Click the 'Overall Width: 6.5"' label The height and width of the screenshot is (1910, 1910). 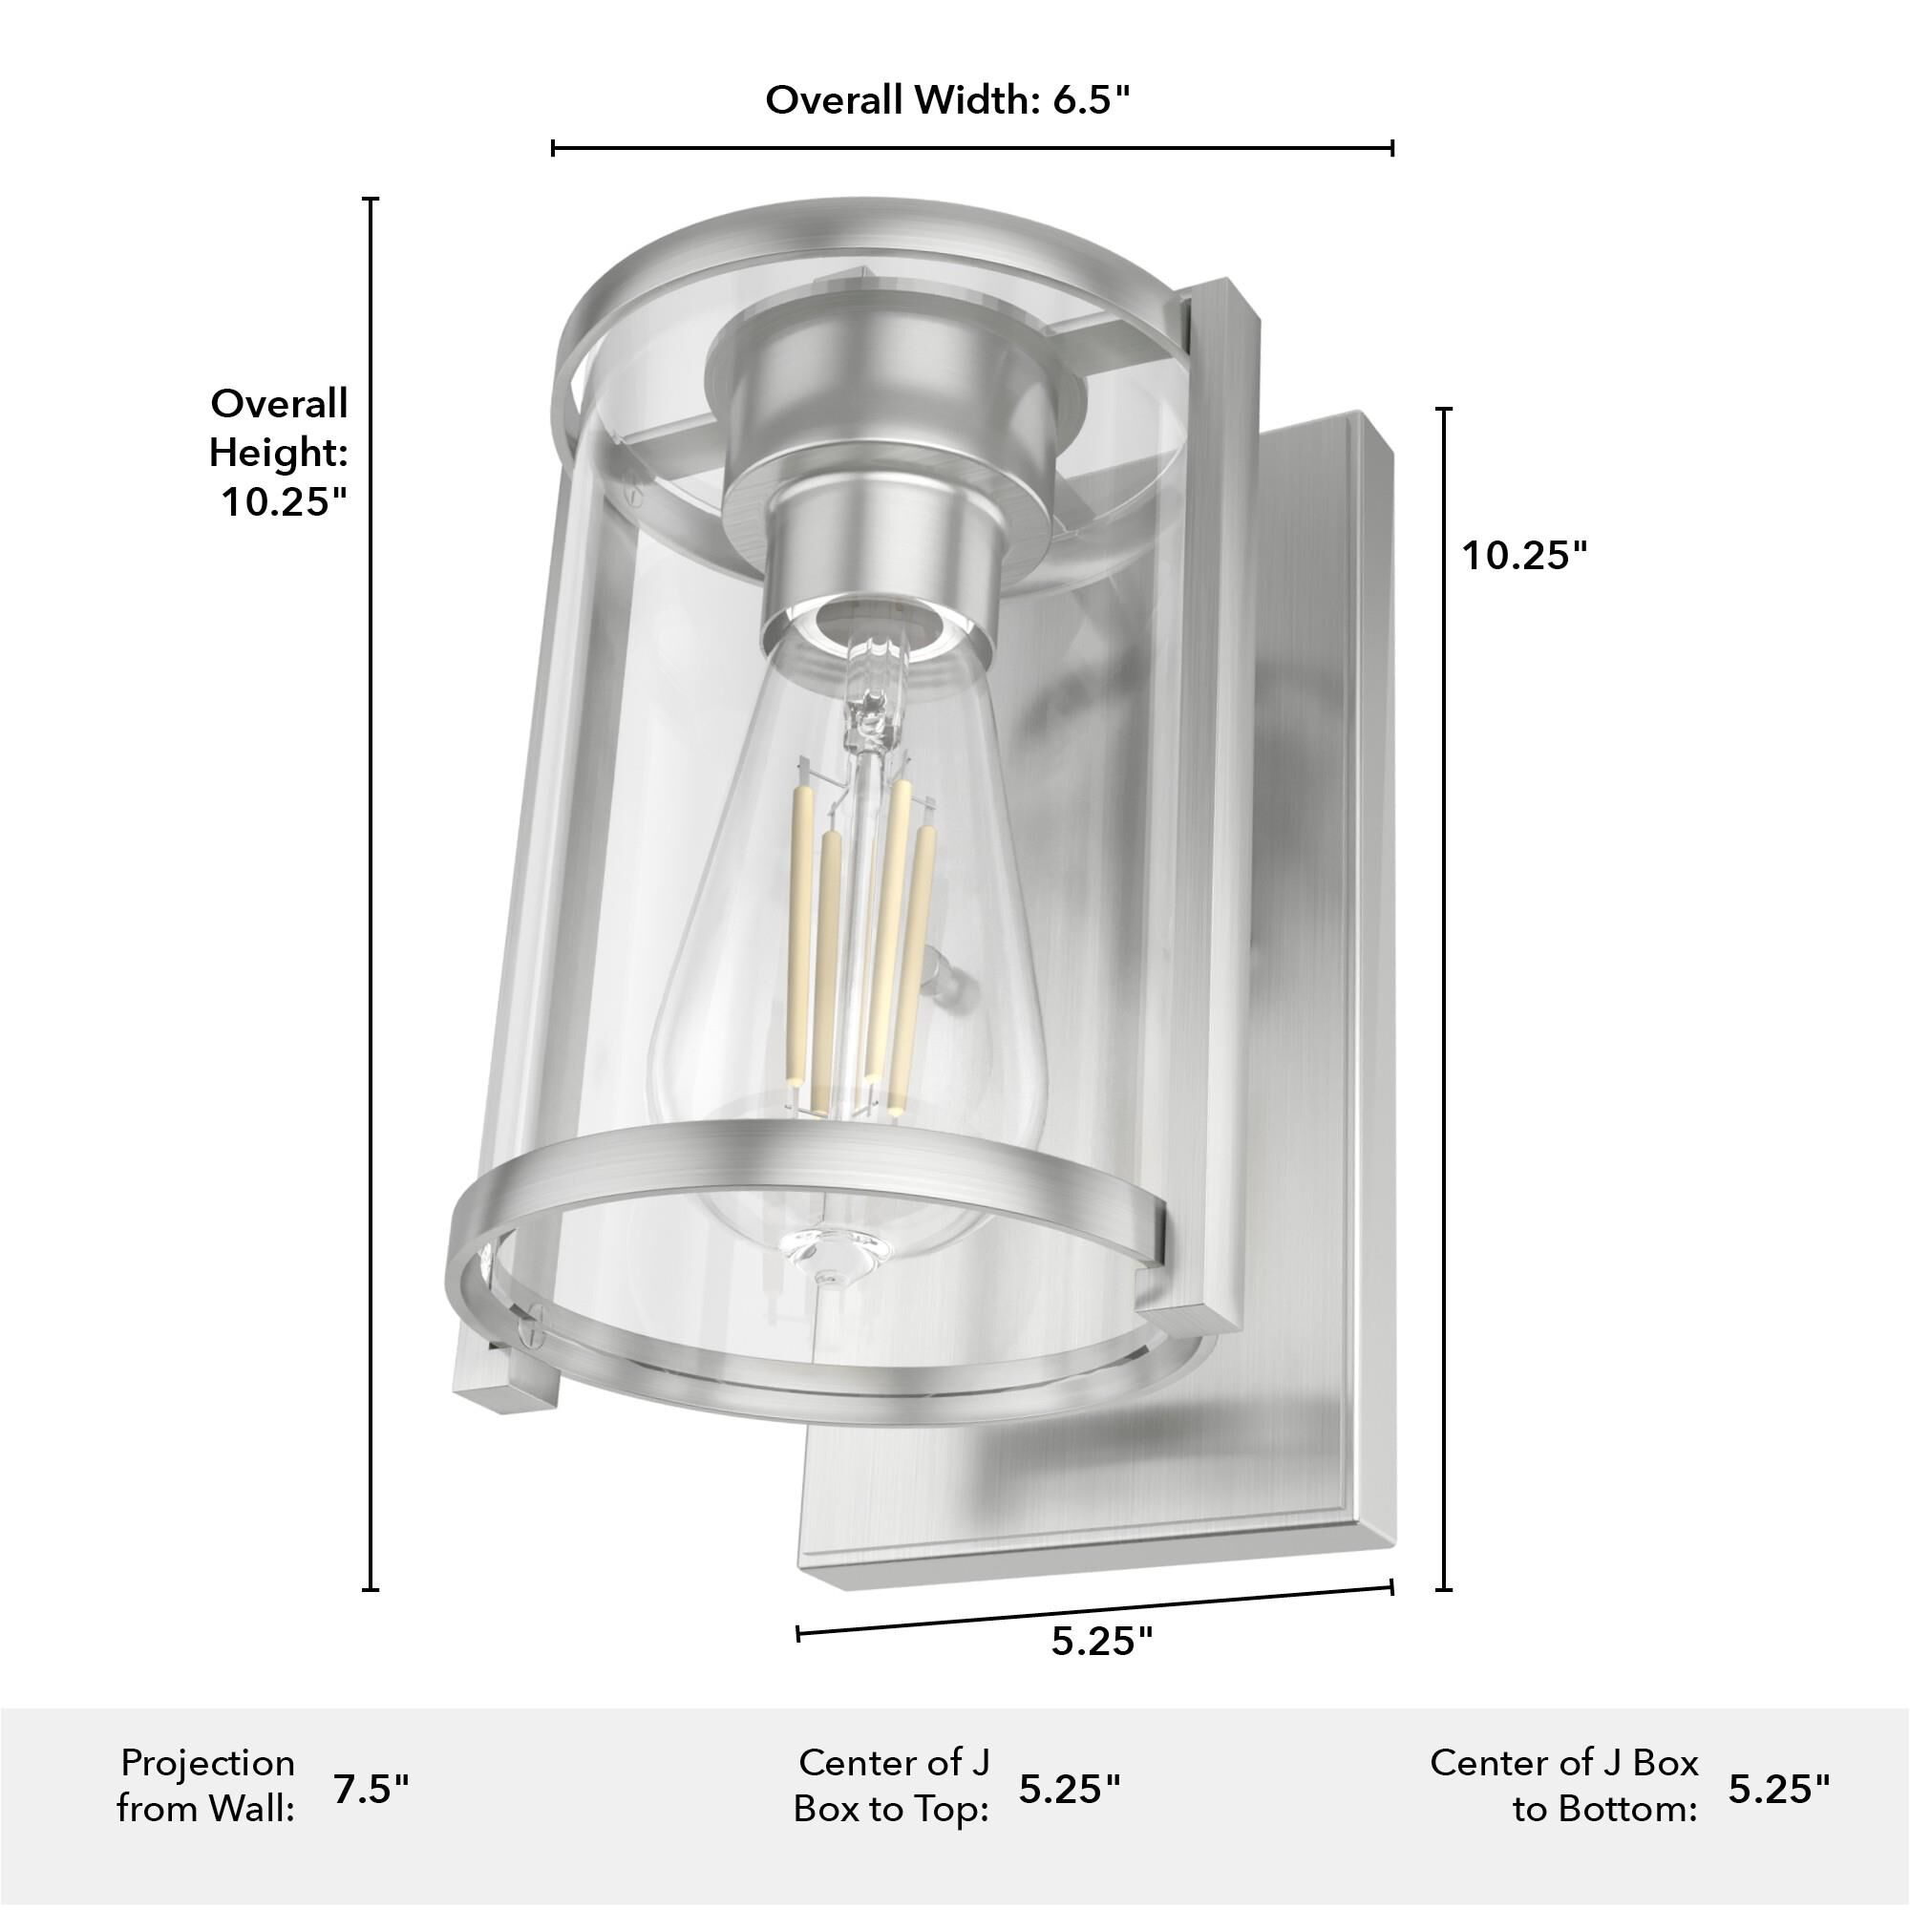946,101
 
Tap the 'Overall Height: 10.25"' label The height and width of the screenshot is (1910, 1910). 280,453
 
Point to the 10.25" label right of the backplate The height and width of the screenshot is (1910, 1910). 1523,556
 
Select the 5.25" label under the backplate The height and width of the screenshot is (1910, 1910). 1101,1642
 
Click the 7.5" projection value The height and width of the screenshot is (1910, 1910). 371,1790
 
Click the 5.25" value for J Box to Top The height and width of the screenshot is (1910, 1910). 1070,1790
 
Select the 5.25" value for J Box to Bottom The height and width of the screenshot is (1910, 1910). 1778,1790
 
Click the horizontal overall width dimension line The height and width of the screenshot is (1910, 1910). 972,148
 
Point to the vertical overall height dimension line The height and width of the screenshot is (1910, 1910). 371,890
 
